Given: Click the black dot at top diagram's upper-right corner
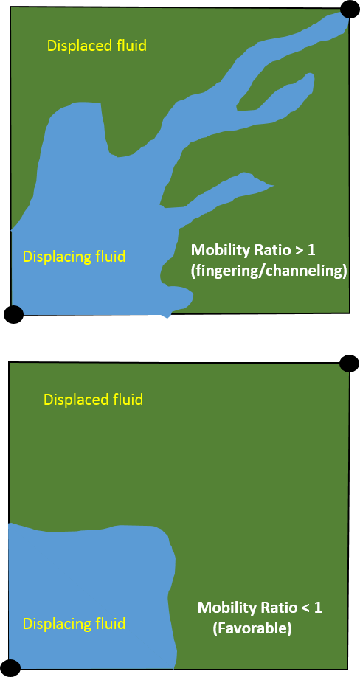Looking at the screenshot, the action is pos(349,9).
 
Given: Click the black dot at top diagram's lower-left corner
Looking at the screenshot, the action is pos(13,314).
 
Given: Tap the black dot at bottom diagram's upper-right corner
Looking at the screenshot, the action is pos(349,364).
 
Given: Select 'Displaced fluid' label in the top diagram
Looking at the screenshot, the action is pos(97,45).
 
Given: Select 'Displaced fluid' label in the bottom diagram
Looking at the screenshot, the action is pos(93,400).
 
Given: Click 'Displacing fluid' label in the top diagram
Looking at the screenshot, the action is pos(75,257).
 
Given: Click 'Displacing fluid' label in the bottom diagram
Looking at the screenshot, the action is pos(75,624).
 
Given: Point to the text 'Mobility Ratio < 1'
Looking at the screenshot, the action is pos(260,608).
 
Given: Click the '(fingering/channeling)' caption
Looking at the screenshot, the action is pos(269,272).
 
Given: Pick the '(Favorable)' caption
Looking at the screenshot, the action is pos(252,629).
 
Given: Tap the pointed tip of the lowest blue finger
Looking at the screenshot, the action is pos(274,186).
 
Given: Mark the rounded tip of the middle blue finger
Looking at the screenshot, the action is pos(309,77).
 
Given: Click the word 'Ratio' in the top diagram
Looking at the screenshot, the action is pos(271,250).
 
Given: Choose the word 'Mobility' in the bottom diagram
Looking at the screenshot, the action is pos(224,608).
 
